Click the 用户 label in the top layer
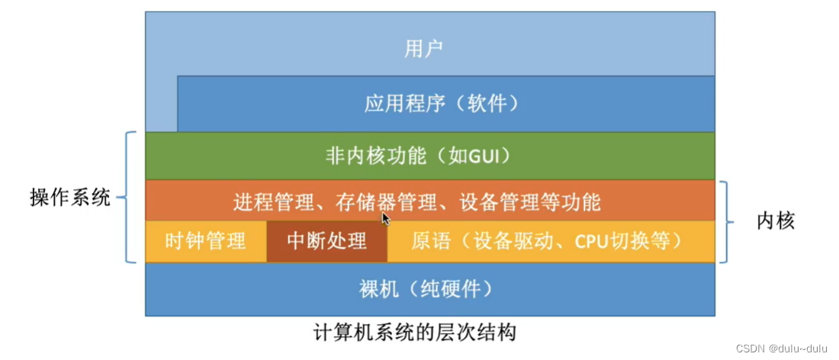pos(424,50)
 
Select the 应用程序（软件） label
pos(436,103)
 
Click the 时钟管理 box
pos(205,242)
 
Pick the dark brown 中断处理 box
pos(326,242)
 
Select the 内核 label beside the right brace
pos(776,221)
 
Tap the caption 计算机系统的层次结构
pos(415,333)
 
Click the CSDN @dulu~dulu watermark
pos(783,348)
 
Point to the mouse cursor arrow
pos(386,218)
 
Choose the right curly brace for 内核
pos(728,221)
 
